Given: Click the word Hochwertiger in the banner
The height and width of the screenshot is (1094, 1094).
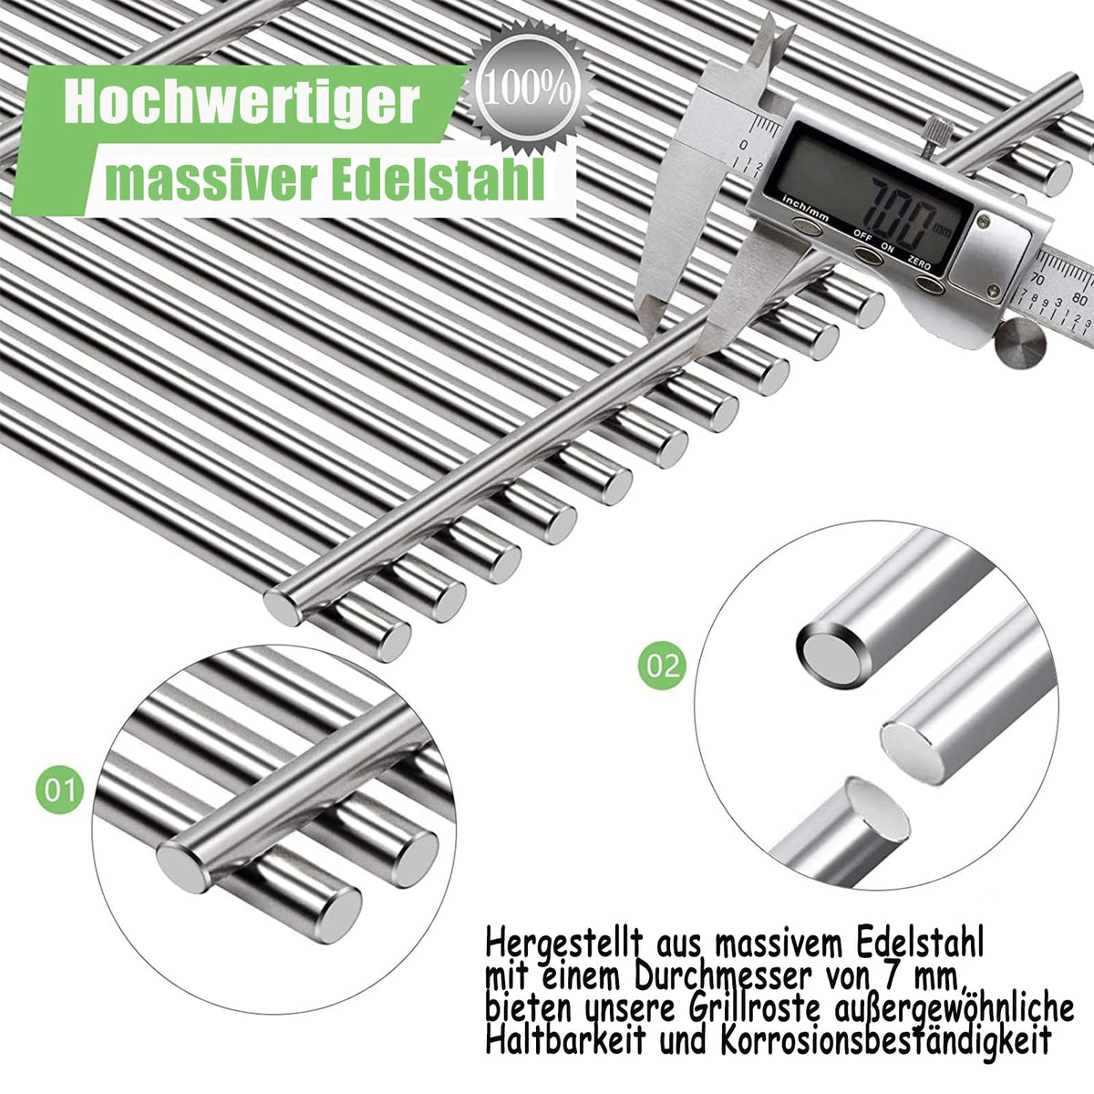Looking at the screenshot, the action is pyautogui.click(x=243, y=105).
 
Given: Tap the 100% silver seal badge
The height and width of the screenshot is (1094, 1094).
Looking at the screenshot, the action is pyautogui.click(x=528, y=93).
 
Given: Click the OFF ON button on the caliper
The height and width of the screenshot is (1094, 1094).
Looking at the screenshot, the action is pyautogui.click(x=868, y=254).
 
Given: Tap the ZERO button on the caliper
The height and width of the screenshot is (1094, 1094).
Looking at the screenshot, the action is pyautogui.click(x=929, y=284).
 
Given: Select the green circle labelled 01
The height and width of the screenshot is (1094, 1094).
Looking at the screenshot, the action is pyautogui.click(x=59, y=790).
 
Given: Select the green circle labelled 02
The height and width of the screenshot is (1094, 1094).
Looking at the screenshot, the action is pyautogui.click(x=662, y=665).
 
